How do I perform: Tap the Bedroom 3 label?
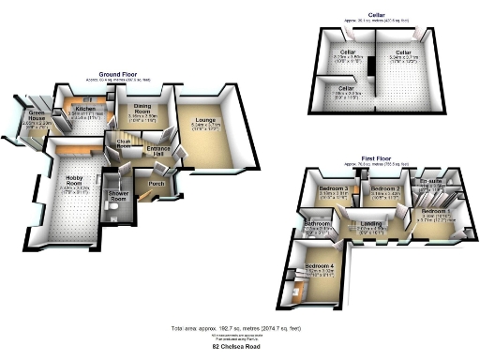coord(334,188)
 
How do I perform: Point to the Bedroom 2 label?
coord(384,188)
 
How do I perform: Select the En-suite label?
coord(431,183)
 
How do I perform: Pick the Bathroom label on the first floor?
coord(315,224)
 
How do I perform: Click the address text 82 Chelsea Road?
coord(237,348)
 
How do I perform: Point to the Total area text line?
coord(237,329)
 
